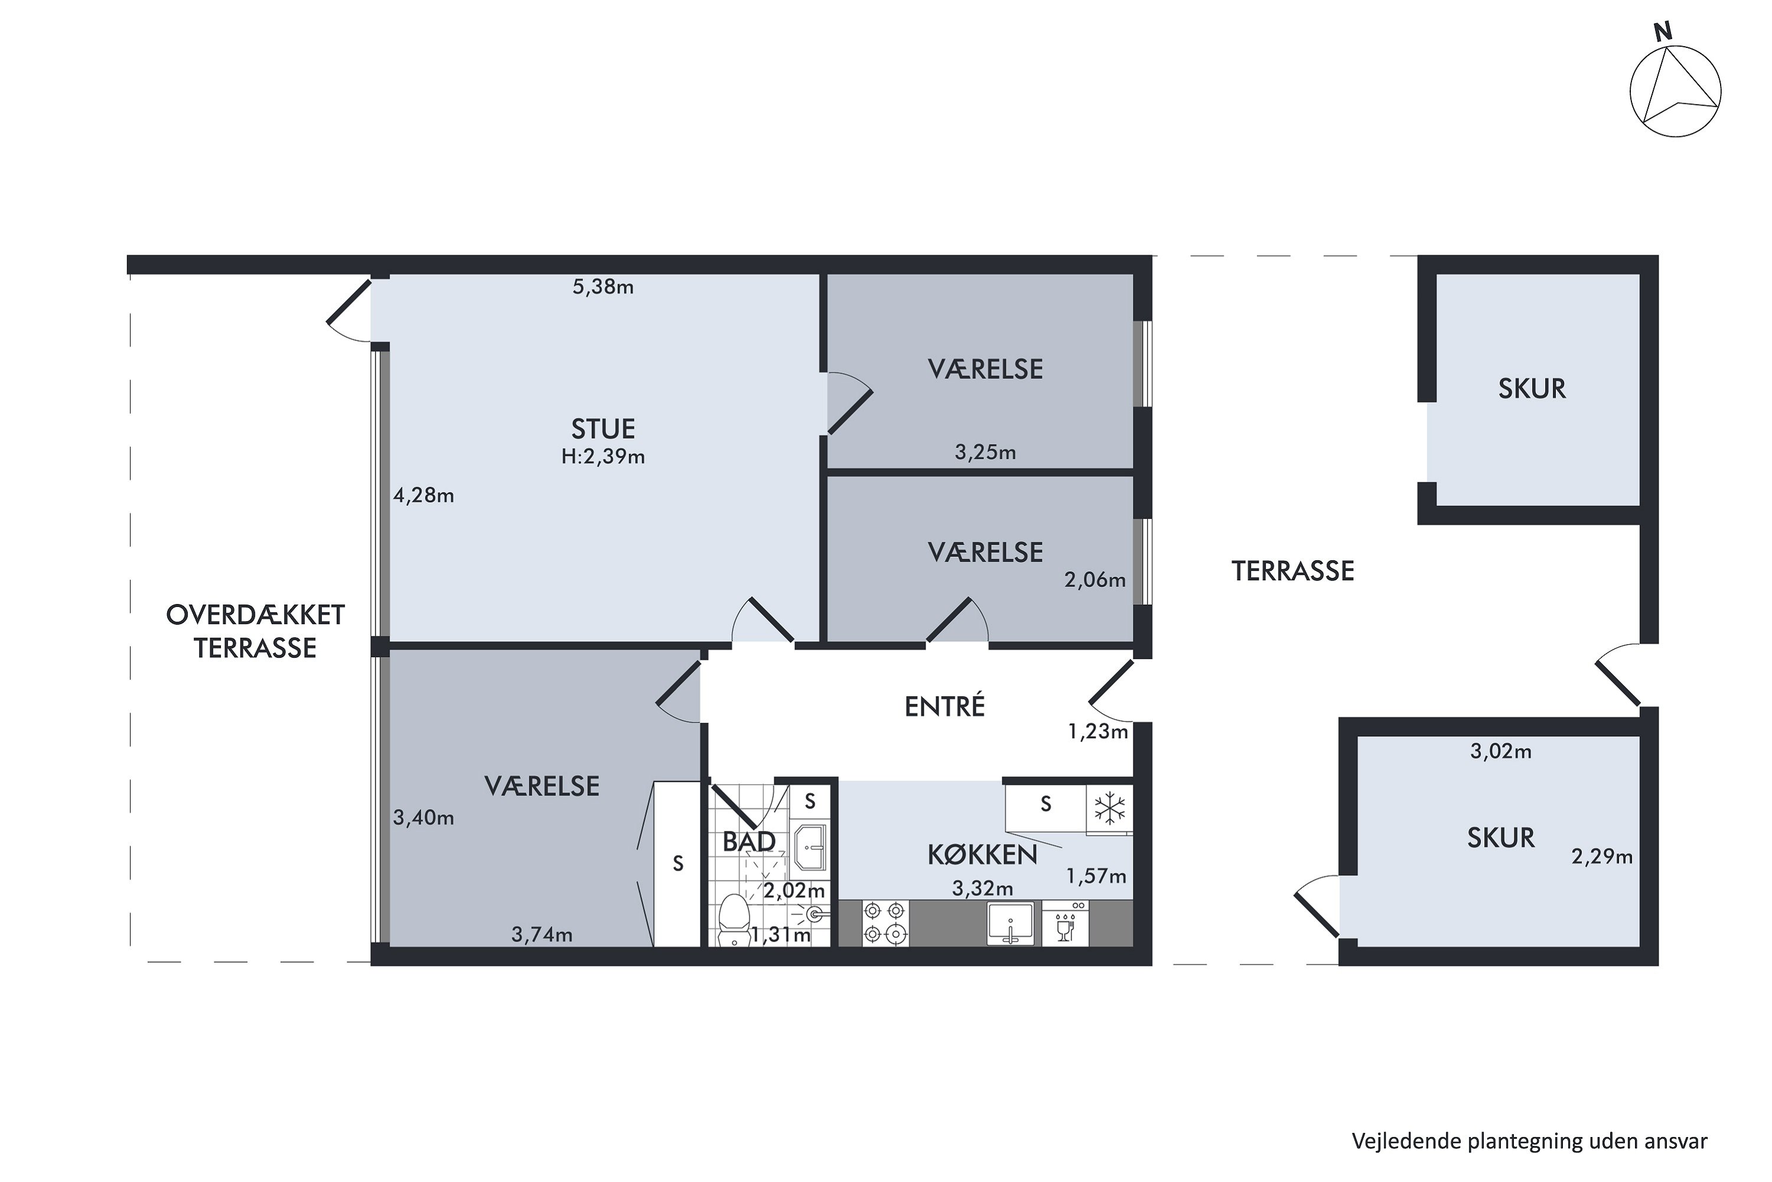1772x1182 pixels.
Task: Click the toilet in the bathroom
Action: [x=732, y=919]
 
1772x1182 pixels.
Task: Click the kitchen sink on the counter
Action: [x=1010, y=923]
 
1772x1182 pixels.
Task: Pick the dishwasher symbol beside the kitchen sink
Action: [x=1064, y=923]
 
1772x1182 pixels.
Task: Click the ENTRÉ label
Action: [x=944, y=706]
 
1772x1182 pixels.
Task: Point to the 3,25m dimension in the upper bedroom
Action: [x=985, y=452]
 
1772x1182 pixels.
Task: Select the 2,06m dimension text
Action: [x=1095, y=580]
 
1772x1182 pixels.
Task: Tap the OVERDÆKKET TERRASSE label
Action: [x=255, y=631]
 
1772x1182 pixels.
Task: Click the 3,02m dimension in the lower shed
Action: [x=1501, y=751]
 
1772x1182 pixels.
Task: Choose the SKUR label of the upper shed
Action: [x=1532, y=388]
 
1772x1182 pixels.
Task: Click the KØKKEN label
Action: [x=982, y=855]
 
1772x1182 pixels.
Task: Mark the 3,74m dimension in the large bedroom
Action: [x=542, y=935]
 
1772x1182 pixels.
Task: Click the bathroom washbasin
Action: [x=810, y=847]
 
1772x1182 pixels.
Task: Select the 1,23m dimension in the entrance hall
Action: [x=1097, y=731]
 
